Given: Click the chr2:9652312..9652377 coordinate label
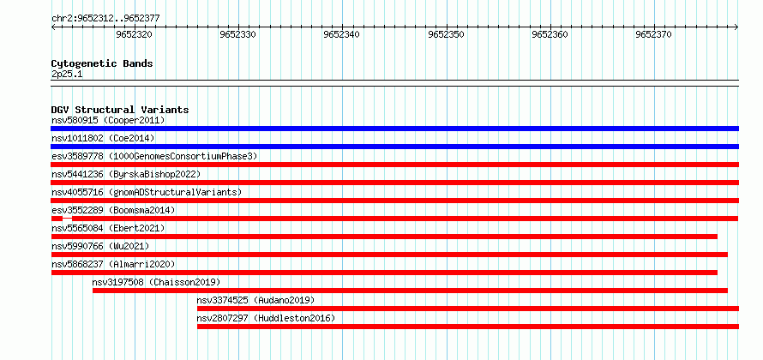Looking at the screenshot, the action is tap(105, 19).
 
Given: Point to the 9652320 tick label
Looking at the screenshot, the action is tap(134, 34).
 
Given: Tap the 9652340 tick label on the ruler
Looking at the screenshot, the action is tap(341, 34).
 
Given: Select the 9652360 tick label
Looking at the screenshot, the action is tap(550, 34).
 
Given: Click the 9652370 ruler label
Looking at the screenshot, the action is tap(653, 34).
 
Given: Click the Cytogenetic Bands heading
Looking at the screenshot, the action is tap(102, 63).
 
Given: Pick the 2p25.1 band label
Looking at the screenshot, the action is tap(67, 75).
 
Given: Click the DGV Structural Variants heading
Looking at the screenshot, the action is tap(120, 110).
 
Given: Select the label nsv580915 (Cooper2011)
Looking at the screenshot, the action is tap(108, 120).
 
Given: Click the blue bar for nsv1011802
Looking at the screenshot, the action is tap(395, 147).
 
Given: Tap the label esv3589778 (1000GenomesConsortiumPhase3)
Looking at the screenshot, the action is tap(154, 156).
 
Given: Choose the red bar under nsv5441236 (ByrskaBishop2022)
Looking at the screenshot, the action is tap(395, 183).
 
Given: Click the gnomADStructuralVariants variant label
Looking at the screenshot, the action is tap(147, 192).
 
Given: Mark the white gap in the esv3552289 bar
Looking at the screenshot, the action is tap(67, 217).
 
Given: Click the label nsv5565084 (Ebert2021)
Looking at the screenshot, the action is tap(108, 228).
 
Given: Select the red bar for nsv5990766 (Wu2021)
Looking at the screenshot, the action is tap(389, 255).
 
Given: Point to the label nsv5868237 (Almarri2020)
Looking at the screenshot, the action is tap(113, 264).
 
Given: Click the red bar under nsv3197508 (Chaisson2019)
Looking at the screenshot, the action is tap(410, 291).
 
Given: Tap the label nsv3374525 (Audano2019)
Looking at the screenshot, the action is tap(255, 300).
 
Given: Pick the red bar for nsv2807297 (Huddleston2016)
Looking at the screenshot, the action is tap(468, 327).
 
